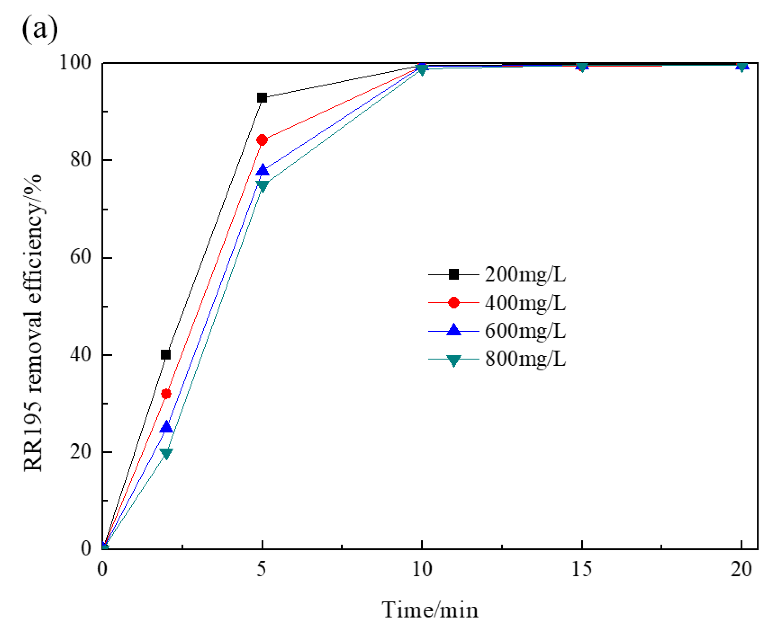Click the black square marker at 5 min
[x=262, y=98]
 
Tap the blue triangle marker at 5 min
[x=262, y=170]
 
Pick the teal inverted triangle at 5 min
[x=262, y=186]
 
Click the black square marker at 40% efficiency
[x=166, y=355]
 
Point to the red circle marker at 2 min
[x=166, y=394]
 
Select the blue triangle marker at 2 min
[x=166, y=427]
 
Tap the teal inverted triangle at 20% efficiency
[x=166, y=454]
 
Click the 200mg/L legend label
[x=525, y=274]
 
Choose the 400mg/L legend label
[x=525, y=303]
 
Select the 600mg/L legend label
[x=525, y=331]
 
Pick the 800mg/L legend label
[x=525, y=359]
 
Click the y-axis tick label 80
[x=80, y=160]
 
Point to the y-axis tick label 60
[x=80, y=257]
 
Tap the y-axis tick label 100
[x=75, y=63]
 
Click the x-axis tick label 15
[x=581, y=569]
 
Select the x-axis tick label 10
[x=422, y=569]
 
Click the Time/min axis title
[x=430, y=610]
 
